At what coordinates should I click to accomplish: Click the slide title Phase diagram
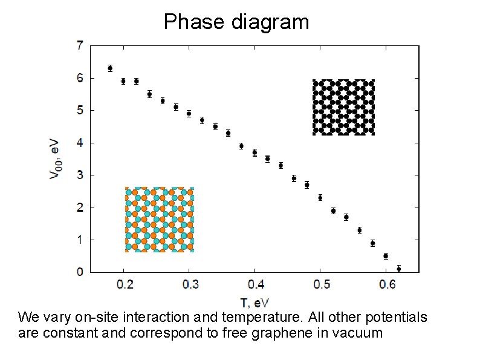236,22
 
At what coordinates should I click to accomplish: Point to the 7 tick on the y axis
80,45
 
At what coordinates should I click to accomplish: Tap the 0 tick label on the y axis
80,272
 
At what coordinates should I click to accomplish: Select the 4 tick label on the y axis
80,143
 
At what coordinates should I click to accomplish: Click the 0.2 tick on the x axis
124,284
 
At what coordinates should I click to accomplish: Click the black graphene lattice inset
343,107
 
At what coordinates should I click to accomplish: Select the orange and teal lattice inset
160,220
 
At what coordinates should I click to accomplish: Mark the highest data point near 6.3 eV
110,68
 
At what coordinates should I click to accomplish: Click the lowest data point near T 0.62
398,269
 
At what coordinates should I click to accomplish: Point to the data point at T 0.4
255,152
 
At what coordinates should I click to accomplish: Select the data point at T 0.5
320,198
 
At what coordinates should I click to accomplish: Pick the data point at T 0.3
189,114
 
